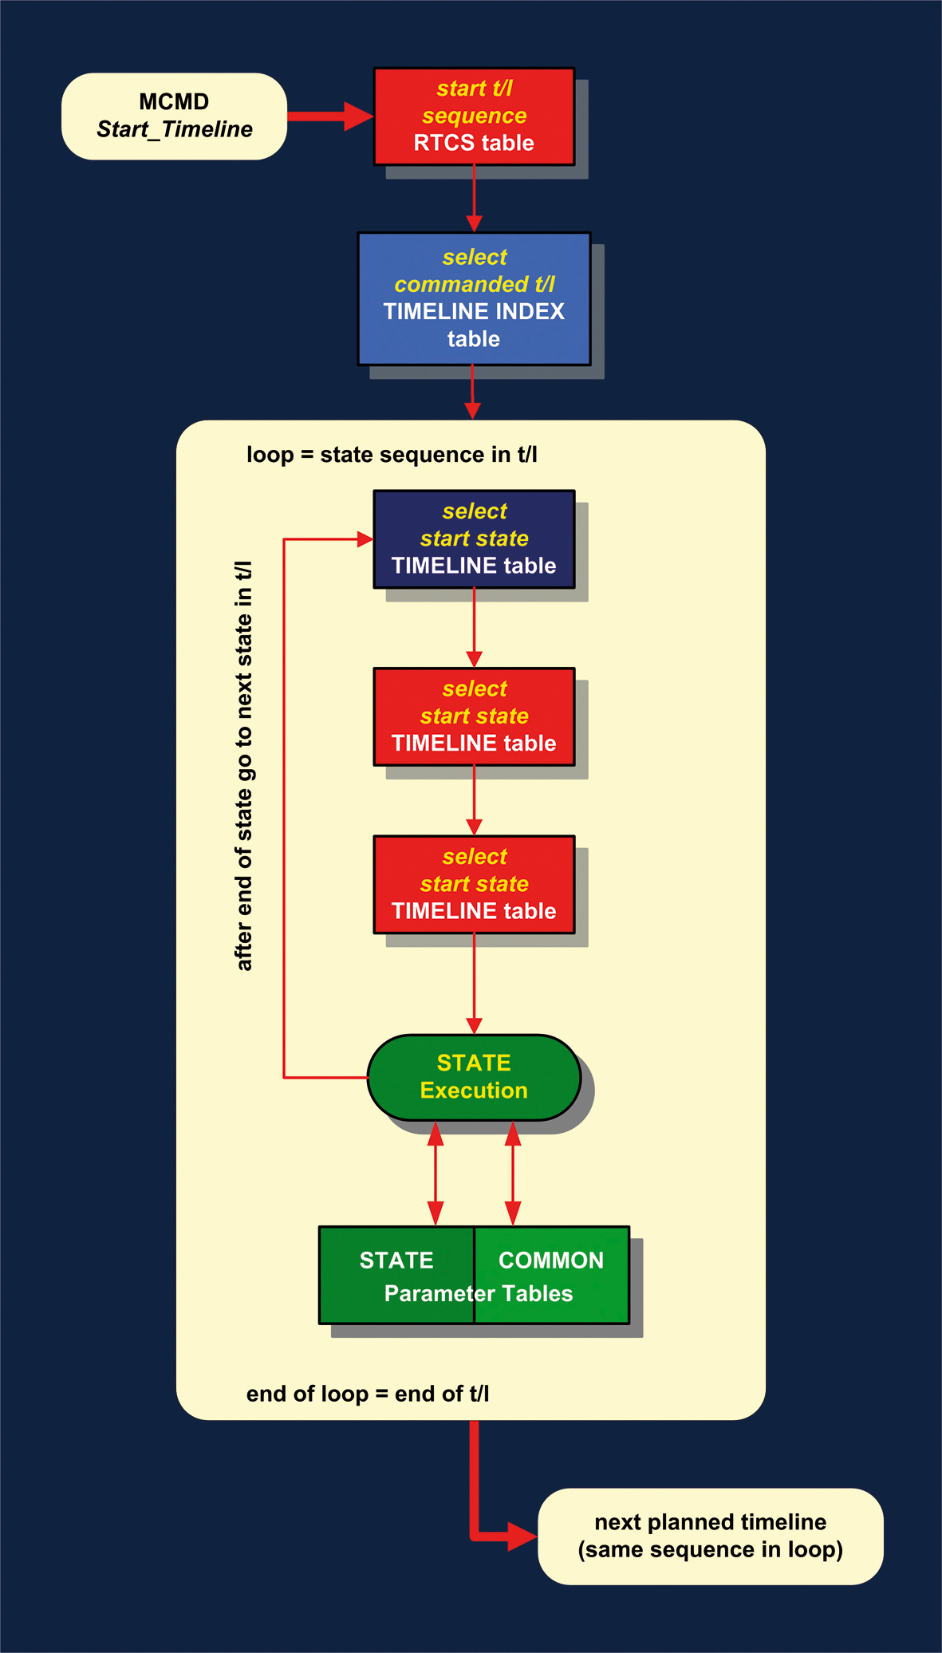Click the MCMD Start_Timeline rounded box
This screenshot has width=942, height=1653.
[x=174, y=116]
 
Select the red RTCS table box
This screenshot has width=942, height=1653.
[x=474, y=116]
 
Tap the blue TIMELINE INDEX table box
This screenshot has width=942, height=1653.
[x=474, y=298]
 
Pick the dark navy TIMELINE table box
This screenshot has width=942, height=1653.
[x=474, y=539]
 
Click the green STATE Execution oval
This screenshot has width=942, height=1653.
[x=474, y=1077]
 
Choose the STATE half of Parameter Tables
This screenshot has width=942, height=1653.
[x=396, y=1274]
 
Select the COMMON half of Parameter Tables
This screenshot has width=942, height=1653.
[x=552, y=1274]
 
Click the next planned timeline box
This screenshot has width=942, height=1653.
[x=710, y=1536]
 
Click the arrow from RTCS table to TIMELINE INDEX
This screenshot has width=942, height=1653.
[x=474, y=199]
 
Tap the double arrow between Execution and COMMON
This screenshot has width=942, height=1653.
[x=513, y=1173]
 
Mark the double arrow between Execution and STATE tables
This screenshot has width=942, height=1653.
[x=436, y=1173]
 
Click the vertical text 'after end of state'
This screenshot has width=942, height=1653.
[x=244, y=766]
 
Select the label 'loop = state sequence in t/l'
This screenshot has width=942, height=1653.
[x=392, y=455]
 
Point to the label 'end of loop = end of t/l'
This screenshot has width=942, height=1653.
[x=367, y=1394]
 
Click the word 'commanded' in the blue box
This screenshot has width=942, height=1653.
[x=461, y=285]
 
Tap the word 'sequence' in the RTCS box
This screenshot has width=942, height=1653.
[x=474, y=116]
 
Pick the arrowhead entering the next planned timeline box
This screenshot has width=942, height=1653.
[x=522, y=1536]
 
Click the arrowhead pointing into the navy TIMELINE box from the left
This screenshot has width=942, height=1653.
[x=365, y=539]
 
